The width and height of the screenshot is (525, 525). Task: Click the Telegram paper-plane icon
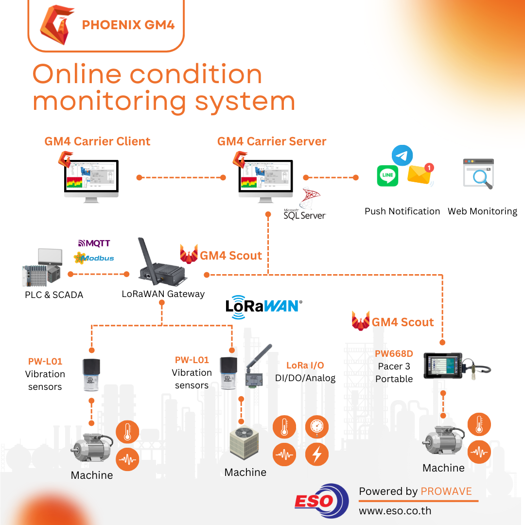click(402, 156)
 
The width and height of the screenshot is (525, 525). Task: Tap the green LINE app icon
click(387, 175)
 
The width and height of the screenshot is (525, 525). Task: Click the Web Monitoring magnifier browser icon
click(478, 174)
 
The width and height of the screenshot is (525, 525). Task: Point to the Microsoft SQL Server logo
click(305, 205)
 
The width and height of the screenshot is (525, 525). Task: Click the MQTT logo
click(94, 243)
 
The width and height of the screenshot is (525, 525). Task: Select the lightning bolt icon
click(317, 455)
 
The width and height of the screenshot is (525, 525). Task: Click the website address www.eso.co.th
click(395, 511)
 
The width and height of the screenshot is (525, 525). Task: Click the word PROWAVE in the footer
click(446, 491)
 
